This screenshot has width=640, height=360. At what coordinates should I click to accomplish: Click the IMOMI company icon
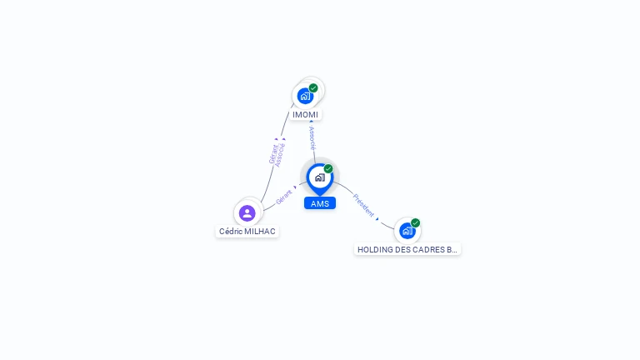(x=305, y=96)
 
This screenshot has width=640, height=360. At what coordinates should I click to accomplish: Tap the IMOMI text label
(x=305, y=115)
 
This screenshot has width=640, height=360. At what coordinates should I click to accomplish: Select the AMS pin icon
(x=319, y=177)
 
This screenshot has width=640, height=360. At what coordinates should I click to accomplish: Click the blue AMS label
(x=320, y=203)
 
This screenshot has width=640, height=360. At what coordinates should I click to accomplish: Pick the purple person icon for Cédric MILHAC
(x=247, y=213)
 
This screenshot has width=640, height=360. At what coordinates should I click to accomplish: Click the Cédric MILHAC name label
(x=247, y=232)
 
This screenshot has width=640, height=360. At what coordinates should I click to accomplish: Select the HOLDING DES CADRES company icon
(x=407, y=231)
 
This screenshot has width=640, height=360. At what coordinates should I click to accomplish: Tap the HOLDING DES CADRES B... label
(x=407, y=249)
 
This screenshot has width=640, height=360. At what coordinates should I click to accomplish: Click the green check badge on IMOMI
(x=313, y=87)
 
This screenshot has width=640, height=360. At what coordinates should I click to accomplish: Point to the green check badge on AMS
(x=328, y=169)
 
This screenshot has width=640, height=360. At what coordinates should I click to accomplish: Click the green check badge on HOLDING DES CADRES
(x=415, y=223)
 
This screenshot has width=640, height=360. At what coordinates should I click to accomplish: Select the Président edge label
(x=363, y=204)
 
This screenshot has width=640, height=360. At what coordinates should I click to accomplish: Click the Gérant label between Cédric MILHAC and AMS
(x=283, y=197)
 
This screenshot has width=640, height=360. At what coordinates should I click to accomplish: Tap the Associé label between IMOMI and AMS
(x=312, y=138)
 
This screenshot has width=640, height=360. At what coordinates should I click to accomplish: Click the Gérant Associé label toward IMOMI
(x=277, y=154)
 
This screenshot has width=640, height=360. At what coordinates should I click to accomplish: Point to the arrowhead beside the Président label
(x=377, y=218)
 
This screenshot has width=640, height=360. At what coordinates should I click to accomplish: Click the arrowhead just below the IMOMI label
(x=312, y=122)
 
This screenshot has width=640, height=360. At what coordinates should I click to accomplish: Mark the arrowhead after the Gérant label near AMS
(x=295, y=187)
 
